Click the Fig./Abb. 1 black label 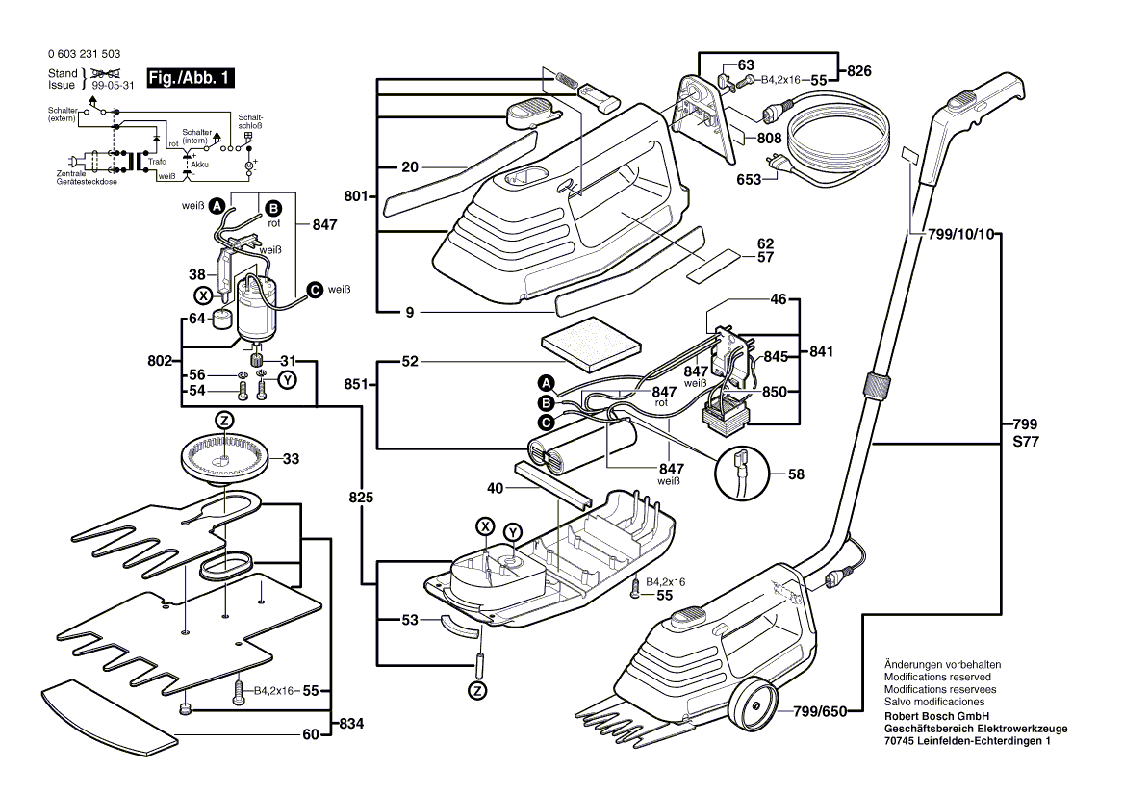tap(190, 78)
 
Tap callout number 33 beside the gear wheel tap(291, 459)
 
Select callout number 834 tap(347, 724)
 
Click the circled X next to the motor tap(203, 295)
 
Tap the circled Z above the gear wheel tap(223, 421)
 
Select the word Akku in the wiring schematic tap(200, 165)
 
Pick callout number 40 tap(496, 488)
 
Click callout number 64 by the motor tap(195, 319)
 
